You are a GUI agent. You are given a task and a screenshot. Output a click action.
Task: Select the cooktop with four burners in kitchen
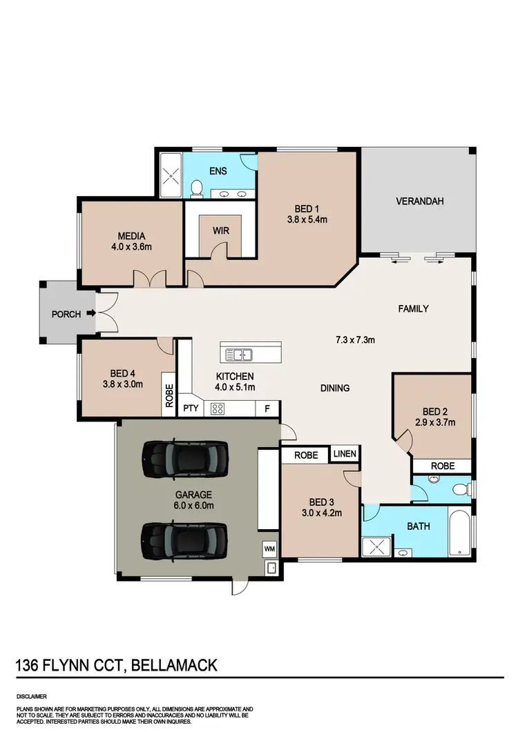[218, 408]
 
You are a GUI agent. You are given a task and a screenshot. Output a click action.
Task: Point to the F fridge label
[267, 408]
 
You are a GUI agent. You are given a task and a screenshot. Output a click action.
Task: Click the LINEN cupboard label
[345, 454]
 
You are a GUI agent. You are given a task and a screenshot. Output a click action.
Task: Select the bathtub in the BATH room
[459, 531]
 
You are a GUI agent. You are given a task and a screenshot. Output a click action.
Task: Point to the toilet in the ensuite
[196, 187]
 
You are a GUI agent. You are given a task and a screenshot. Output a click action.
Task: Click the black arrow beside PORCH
[88, 315]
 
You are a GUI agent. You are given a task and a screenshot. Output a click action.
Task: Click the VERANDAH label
[419, 201]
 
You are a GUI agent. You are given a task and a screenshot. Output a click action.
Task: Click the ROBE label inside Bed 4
[169, 395]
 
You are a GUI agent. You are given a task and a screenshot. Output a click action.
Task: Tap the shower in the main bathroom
[377, 547]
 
